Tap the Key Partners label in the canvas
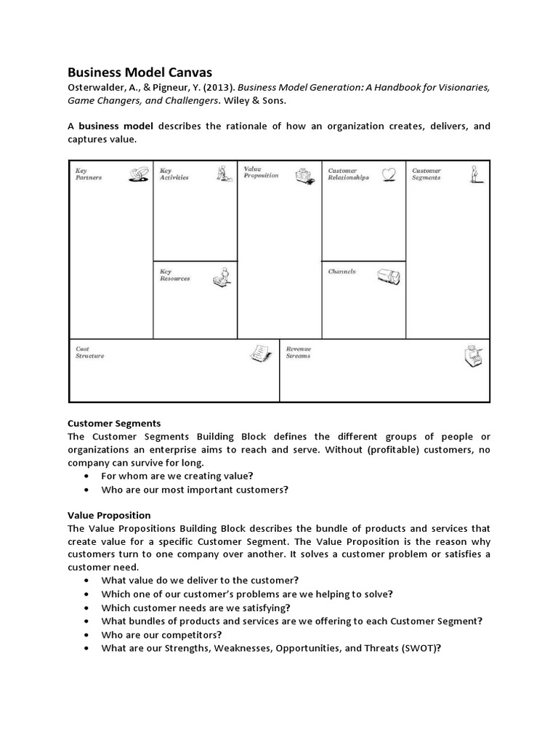click(x=89, y=174)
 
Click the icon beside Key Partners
click(x=139, y=174)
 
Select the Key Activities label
click(x=174, y=174)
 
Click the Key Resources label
click(x=175, y=275)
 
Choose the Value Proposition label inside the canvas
click(x=261, y=172)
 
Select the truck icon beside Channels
click(x=387, y=276)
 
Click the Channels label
click(x=342, y=272)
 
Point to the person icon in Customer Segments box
click(x=475, y=174)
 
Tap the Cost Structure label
click(x=90, y=352)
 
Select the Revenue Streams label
click(x=299, y=352)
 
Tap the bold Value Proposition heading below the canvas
click(x=109, y=515)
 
